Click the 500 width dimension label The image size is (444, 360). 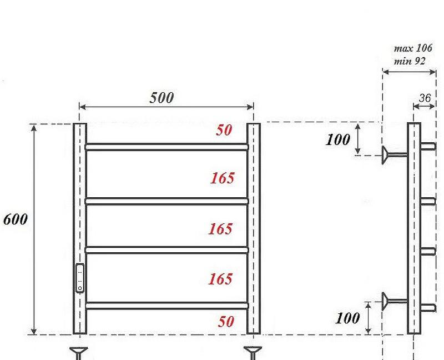pyautogui.click(x=162, y=98)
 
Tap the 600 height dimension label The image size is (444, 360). pyautogui.click(x=15, y=219)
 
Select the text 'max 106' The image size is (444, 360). pyautogui.click(x=413, y=48)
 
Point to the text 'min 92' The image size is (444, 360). pyautogui.click(x=410, y=61)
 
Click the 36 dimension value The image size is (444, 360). pyautogui.click(x=425, y=98)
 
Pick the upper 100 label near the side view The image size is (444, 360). pyautogui.click(x=338, y=139)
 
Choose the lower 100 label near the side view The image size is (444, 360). pyautogui.click(x=348, y=318)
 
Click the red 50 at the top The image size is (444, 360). pyautogui.click(x=224, y=130)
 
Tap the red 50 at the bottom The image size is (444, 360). pyautogui.click(x=226, y=322)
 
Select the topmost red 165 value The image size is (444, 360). pyautogui.click(x=222, y=178)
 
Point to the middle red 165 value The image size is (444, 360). pyautogui.click(x=220, y=228)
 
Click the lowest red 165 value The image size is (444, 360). pyautogui.click(x=220, y=278)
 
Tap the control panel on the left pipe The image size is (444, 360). pyautogui.click(x=80, y=278)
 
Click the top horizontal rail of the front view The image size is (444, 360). pyautogui.click(x=167, y=147)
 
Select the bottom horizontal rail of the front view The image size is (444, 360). pyautogui.click(x=167, y=305)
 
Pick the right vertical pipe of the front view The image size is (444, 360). pyautogui.click(x=254, y=228)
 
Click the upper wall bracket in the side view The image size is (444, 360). pyautogui.click(x=393, y=154)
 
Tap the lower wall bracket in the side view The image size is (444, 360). pyautogui.click(x=393, y=302)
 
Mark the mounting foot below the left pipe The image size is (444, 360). pyautogui.click(x=79, y=352)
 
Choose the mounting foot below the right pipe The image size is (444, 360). pyautogui.click(x=254, y=352)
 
